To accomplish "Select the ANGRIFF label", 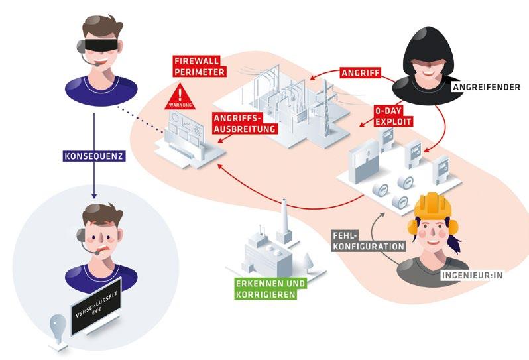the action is [361, 72].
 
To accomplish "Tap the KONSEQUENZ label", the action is [93, 158].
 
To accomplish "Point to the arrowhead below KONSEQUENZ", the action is [93, 196].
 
